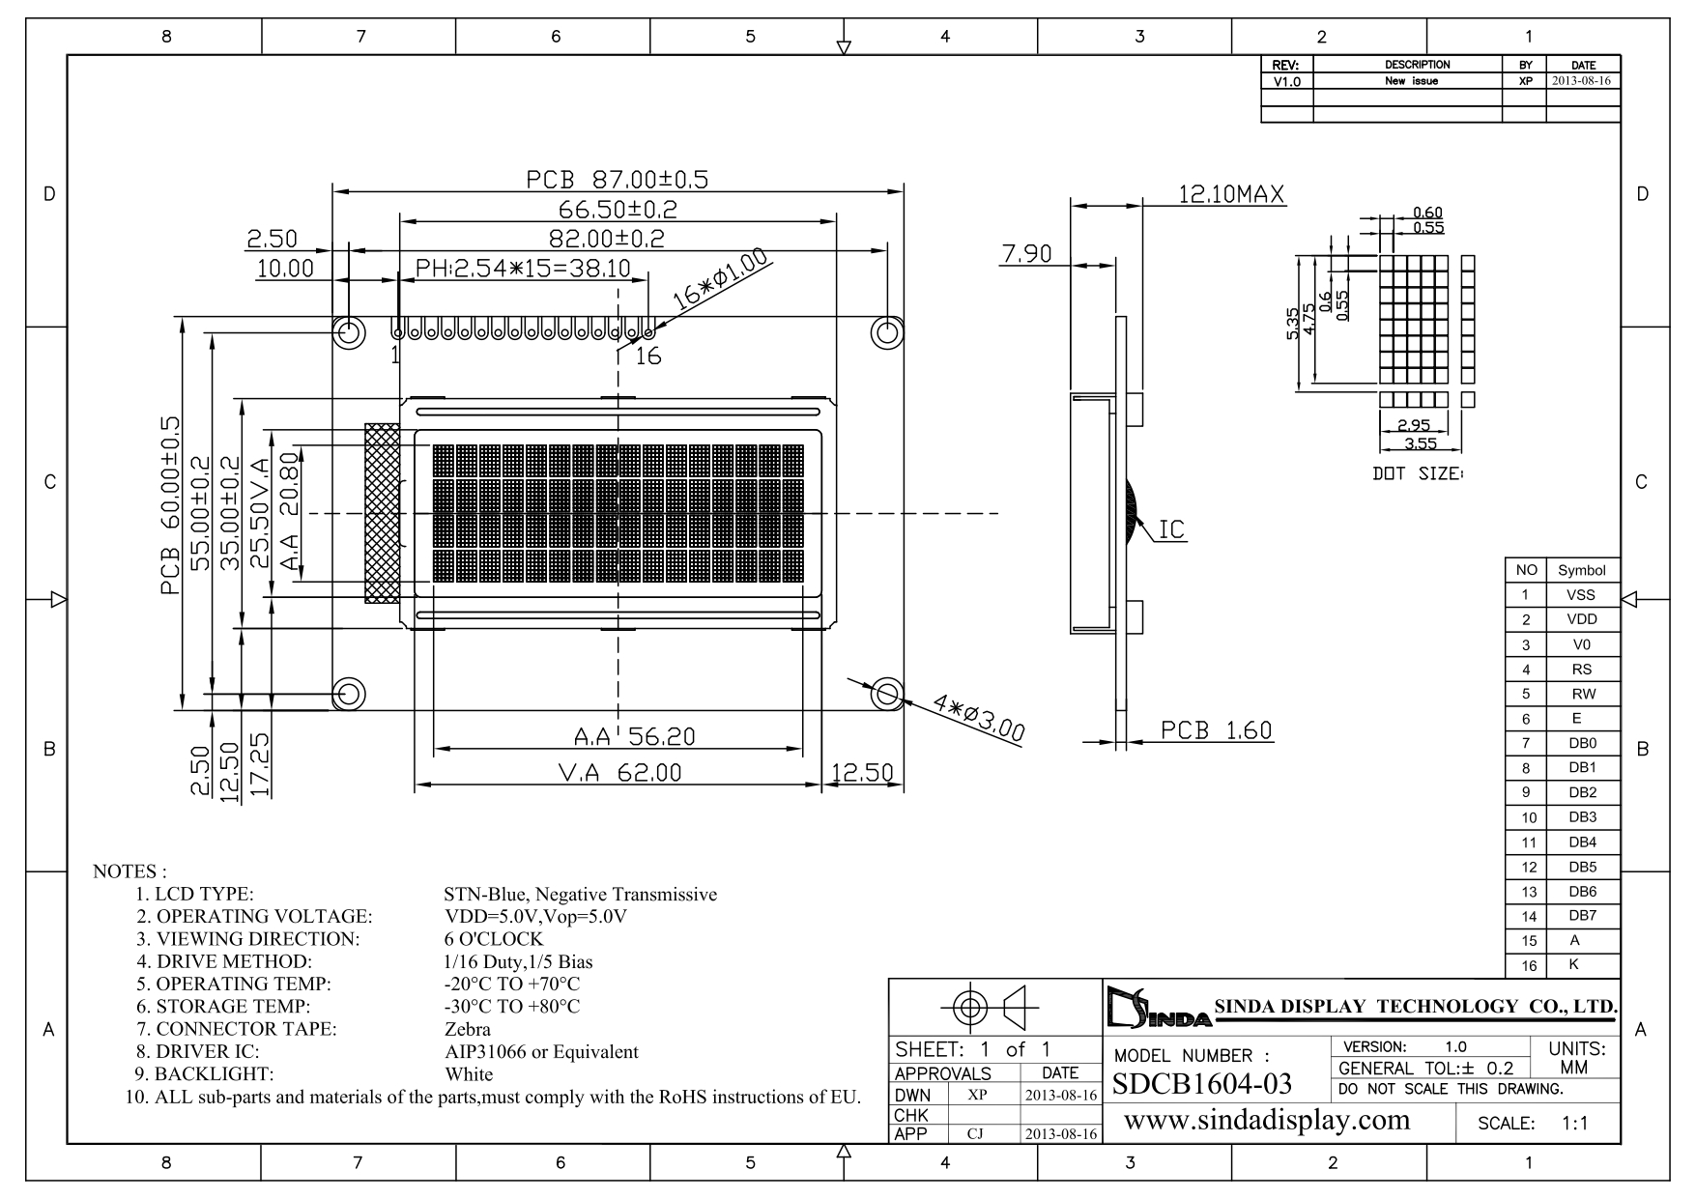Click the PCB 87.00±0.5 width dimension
[617, 179]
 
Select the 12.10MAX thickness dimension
[1231, 194]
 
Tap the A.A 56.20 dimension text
[634, 737]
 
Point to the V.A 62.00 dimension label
[619, 773]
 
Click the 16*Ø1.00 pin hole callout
[720, 279]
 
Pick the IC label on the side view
[1171, 529]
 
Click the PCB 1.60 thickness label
[1216, 730]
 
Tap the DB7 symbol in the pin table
[1582, 916]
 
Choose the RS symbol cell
[1581, 669]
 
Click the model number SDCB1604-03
[1202, 1084]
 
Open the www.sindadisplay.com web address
[1267, 1120]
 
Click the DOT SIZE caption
[1418, 474]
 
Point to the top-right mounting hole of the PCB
[886, 332]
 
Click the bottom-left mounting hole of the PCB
[349, 693]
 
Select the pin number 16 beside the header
[648, 357]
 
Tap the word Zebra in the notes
[468, 1029]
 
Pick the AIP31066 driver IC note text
[541, 1051]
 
